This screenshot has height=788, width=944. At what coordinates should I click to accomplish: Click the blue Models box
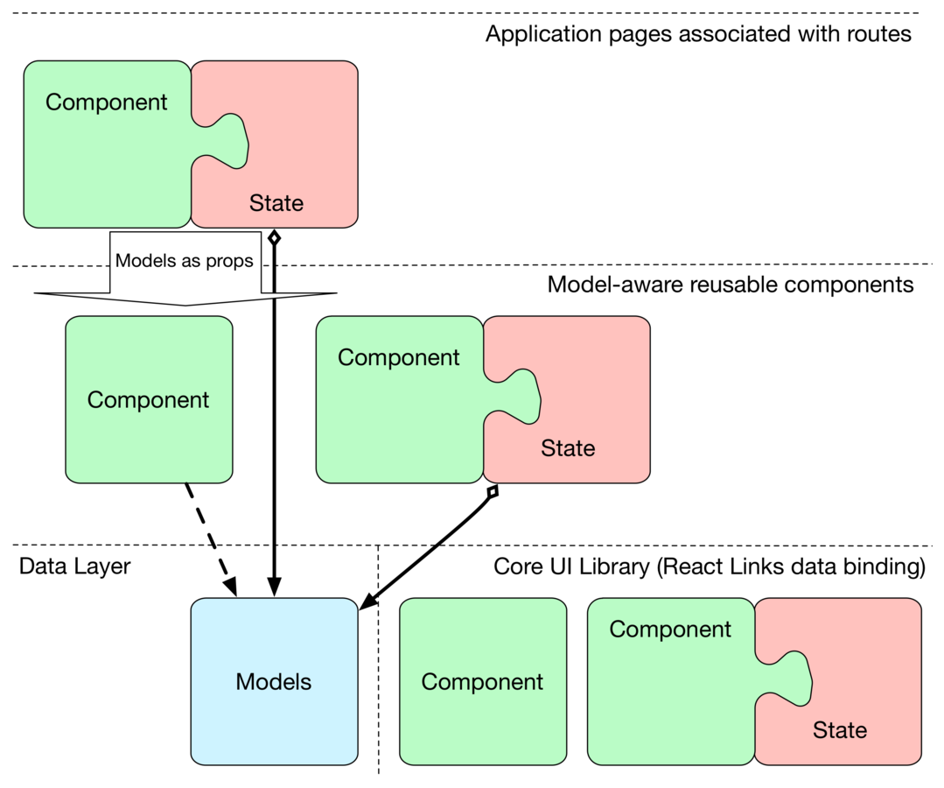click(274, 681)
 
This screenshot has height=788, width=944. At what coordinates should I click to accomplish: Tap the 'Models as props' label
click(185, 260)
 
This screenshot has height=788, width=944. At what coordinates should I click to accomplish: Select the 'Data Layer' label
click(74, 566)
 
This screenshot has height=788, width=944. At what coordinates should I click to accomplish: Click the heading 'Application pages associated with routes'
click(698, 34)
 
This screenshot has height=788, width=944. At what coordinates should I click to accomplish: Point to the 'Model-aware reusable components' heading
click(730, 285)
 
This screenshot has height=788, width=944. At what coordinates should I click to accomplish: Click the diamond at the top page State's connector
click(275, 237)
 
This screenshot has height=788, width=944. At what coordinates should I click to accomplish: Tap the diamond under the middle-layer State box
click(493, 493)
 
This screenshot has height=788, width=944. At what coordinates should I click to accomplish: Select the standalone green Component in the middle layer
click(149, 399)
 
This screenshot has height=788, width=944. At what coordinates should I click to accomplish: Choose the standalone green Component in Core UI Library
click(482, 681)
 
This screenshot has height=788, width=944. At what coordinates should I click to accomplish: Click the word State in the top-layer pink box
click(276, 203)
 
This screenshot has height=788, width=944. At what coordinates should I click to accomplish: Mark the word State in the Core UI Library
click(840, 730)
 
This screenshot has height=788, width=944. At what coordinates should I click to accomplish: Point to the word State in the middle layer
click(568, 448)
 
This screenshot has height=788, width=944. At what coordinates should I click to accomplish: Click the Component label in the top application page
click(107, 102)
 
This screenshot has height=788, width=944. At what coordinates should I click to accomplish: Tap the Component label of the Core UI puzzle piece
click(670, 630)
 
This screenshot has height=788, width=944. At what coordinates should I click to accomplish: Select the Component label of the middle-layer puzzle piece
click(398, 358)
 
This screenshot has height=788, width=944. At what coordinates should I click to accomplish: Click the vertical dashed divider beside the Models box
click(379, 665)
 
